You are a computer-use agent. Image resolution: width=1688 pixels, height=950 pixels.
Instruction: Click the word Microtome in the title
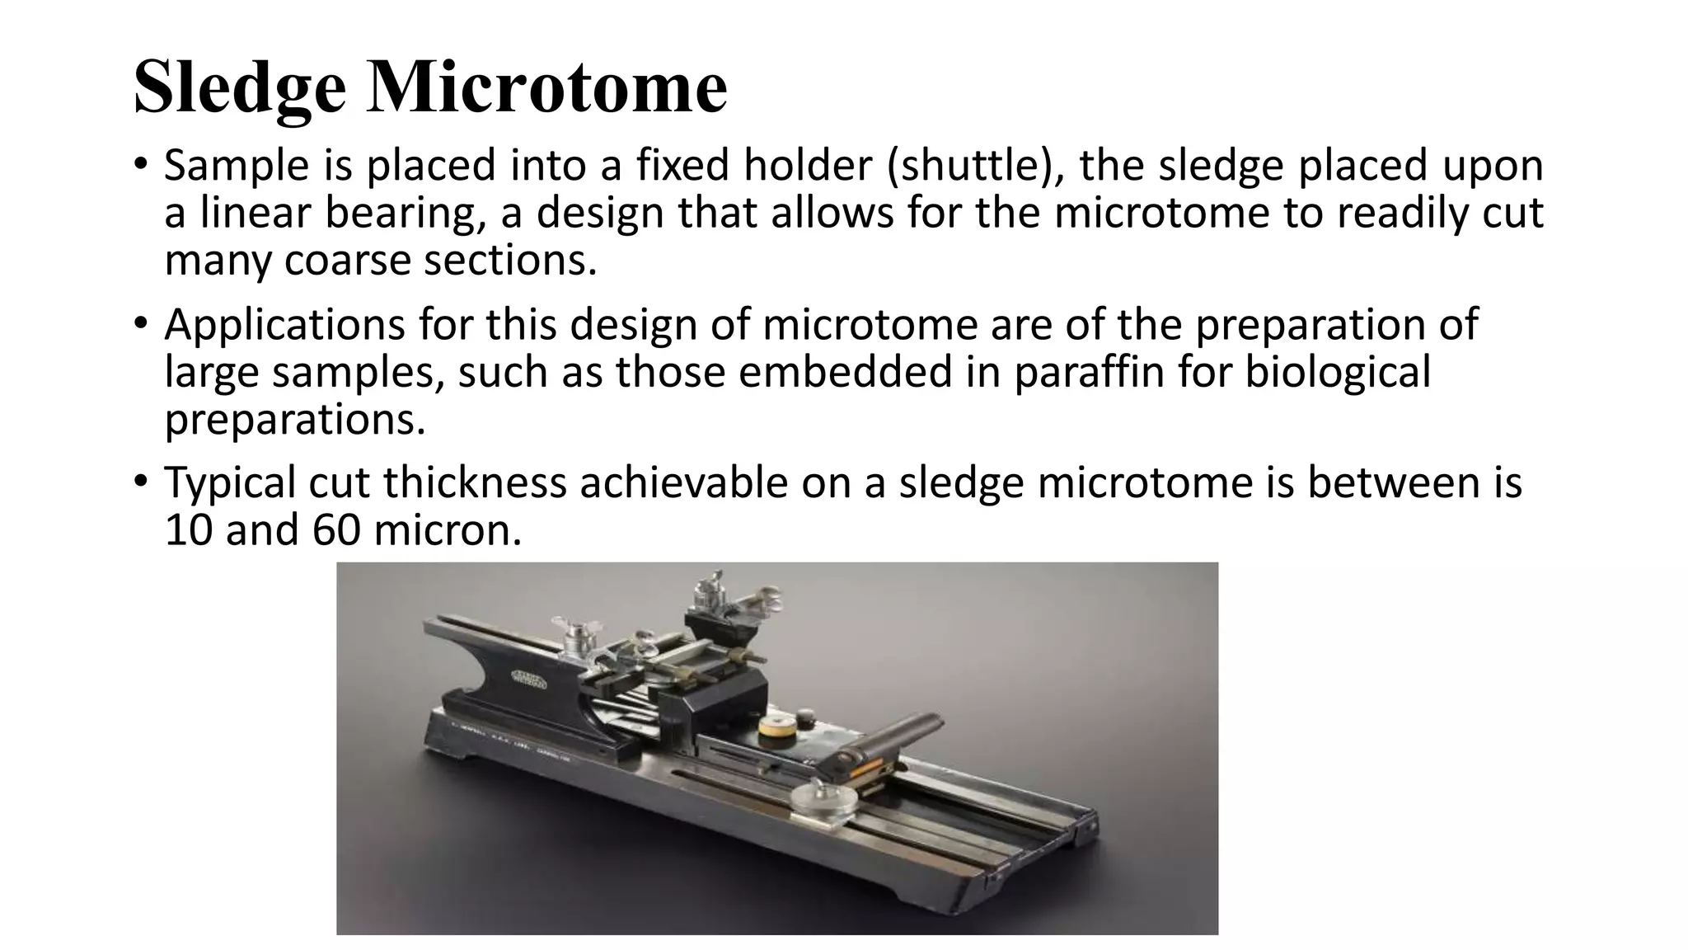click(x=547, y=87)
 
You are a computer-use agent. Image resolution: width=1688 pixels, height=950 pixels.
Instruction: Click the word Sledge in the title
click(x=240, y=89)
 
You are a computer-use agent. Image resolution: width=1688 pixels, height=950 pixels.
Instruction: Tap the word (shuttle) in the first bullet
click(x=976, y=166)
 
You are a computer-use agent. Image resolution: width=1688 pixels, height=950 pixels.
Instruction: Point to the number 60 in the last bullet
click(x=336, y=530)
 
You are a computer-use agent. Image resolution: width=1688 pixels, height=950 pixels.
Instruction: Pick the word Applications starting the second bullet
click(x=284, y=325)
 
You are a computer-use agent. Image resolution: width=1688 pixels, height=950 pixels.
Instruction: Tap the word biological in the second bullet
click(x=1338, y=372)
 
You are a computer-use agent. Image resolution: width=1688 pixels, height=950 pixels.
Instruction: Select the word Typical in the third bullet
click(x=230, y=483)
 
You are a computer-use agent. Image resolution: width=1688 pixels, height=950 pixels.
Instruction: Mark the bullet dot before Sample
click(x=141, y=162)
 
